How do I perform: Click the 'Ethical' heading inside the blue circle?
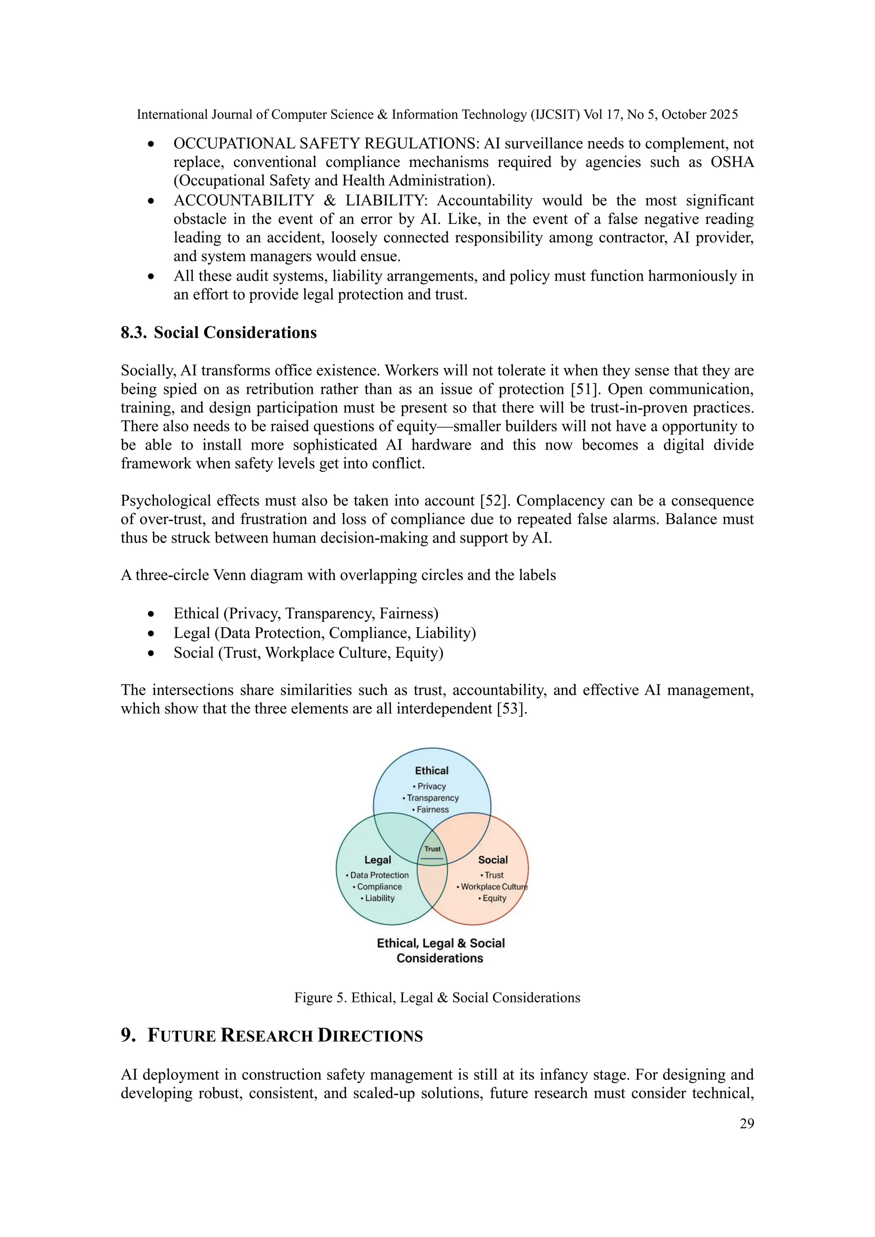point(432,771)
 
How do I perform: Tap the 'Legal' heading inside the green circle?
point(378,860)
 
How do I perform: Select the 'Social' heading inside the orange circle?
point(493,860)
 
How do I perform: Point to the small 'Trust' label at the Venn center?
point(432,849)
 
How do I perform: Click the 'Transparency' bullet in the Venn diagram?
point(432,798)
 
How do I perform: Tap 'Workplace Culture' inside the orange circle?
point(493,887)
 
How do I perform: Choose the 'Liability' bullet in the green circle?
point(379,898)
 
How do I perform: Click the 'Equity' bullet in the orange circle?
point(493,898)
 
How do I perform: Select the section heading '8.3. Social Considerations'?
point(219,333)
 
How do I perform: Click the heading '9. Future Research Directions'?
point(272,1035)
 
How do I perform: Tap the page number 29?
point(746,1123)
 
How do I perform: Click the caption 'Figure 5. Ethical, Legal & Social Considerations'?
point(437,998)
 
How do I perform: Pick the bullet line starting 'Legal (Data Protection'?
point(324,633)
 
